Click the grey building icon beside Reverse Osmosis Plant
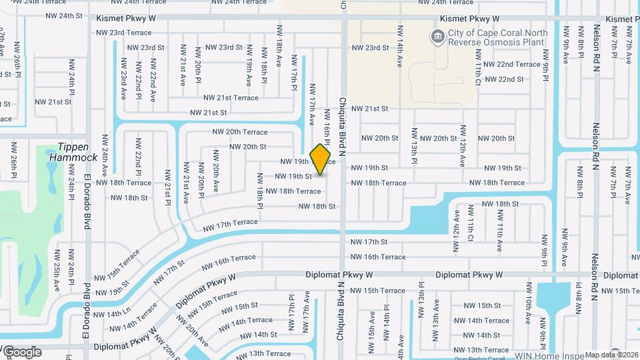437,34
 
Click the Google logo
21,351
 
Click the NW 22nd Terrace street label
512,64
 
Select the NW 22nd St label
504,79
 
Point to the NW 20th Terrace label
240,132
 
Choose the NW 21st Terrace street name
231,98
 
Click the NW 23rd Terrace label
125,32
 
